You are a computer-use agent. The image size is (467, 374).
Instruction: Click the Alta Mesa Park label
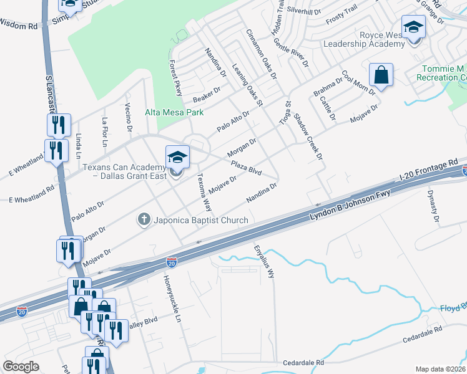[x=174, y=113]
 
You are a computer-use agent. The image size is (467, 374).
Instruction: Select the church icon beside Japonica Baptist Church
[x=144, y=219]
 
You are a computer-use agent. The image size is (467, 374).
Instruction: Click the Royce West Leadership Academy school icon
[x=413, y=27]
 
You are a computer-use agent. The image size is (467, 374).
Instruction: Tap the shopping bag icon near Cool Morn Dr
[x=380, y=76]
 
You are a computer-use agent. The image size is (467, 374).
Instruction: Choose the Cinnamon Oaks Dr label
[x=261, y=54]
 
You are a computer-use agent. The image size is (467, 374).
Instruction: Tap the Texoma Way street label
[x=204, y=191]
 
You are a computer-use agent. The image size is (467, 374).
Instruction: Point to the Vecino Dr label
[x=129, y=117]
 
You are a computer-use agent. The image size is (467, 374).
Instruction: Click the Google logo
[x=21, y=367]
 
